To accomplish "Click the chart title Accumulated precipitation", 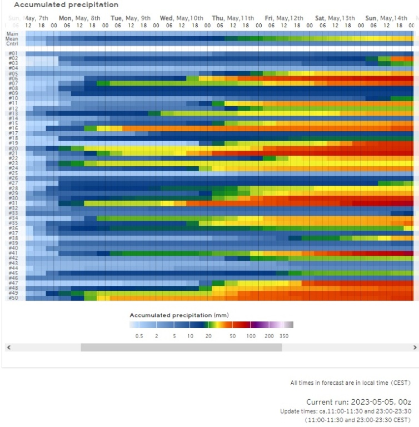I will pos(66,5).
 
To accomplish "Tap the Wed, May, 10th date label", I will pos(182,18).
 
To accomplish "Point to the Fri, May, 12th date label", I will pos(284,18).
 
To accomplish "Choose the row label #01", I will pos(13,53).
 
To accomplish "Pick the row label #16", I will pos(13,128).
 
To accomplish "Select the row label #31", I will pos(13,203).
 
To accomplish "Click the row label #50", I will pos(13,298).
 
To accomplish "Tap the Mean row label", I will pos(12,38).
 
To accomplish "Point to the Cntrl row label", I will pos(12,43).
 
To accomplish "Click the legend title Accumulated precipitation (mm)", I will pos(178,315).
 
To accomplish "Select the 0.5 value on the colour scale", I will pos(140,336).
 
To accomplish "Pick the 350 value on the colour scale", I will pos(284,336).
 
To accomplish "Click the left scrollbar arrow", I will pos(8,347).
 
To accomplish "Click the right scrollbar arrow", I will pos(415,347).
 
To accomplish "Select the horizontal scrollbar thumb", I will pos(181,347).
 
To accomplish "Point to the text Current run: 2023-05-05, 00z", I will pos(358,401).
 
